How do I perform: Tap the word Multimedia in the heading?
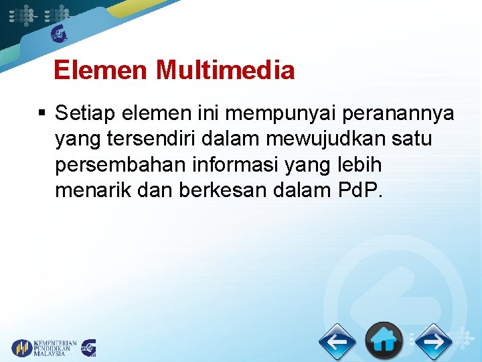click(225, 70)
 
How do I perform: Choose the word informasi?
click(240, 165)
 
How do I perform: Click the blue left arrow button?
click(337, 342)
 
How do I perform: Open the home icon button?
click(384, 341)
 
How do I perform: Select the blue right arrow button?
click(433, 342)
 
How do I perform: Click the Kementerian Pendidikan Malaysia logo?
click(44, 348)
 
